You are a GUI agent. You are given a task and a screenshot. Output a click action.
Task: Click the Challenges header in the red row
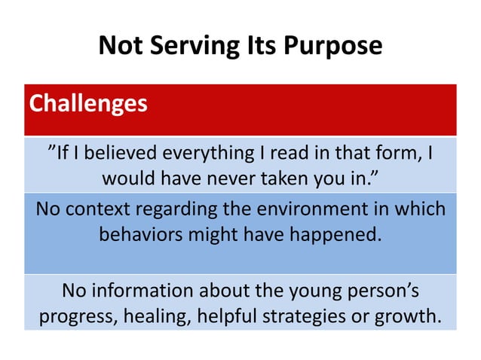pos(88,102)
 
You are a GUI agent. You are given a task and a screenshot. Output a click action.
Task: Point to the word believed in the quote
pos(124,154)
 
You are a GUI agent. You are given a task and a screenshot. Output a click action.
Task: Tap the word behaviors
pos(139,233)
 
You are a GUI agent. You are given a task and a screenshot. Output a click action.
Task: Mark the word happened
pos(332,233)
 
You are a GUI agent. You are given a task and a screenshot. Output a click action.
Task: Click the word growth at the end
pos(410,316)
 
